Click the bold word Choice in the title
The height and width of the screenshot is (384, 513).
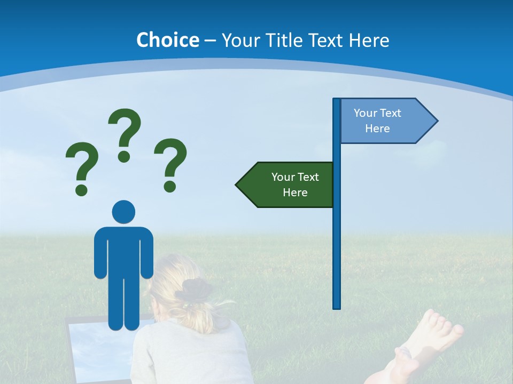pos(167,40)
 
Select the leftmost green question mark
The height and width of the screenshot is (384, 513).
pos(82,163)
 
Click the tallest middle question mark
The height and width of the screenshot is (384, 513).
pos(125,131)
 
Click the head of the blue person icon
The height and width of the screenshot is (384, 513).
pos(123,212)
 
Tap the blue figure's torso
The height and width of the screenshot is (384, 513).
pos(123,251)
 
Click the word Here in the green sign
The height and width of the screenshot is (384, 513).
pos(295,193)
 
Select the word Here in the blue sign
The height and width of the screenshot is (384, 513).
pos(377,129)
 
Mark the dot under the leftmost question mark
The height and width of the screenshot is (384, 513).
pos(81,189)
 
